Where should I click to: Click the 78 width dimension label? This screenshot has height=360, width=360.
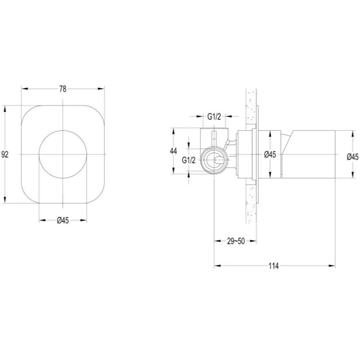click(x=63, y=89)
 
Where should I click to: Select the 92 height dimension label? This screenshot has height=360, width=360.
click(x=5, y=154)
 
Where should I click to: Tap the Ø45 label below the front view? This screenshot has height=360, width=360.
click(x=63, y=220)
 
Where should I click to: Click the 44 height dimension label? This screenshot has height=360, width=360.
click(x=174, y=151)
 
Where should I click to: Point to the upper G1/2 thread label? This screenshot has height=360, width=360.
click(x=214, y=116)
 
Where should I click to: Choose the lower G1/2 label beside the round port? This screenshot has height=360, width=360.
click(x=189, y=160)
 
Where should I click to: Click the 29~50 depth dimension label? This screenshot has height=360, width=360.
click(x=236, y=241)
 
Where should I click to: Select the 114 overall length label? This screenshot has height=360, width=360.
click(x=274, y=266)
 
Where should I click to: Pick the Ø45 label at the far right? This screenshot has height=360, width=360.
click(x=353, y=157)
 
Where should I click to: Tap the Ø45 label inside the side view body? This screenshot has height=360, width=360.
click(x=270, y=154)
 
